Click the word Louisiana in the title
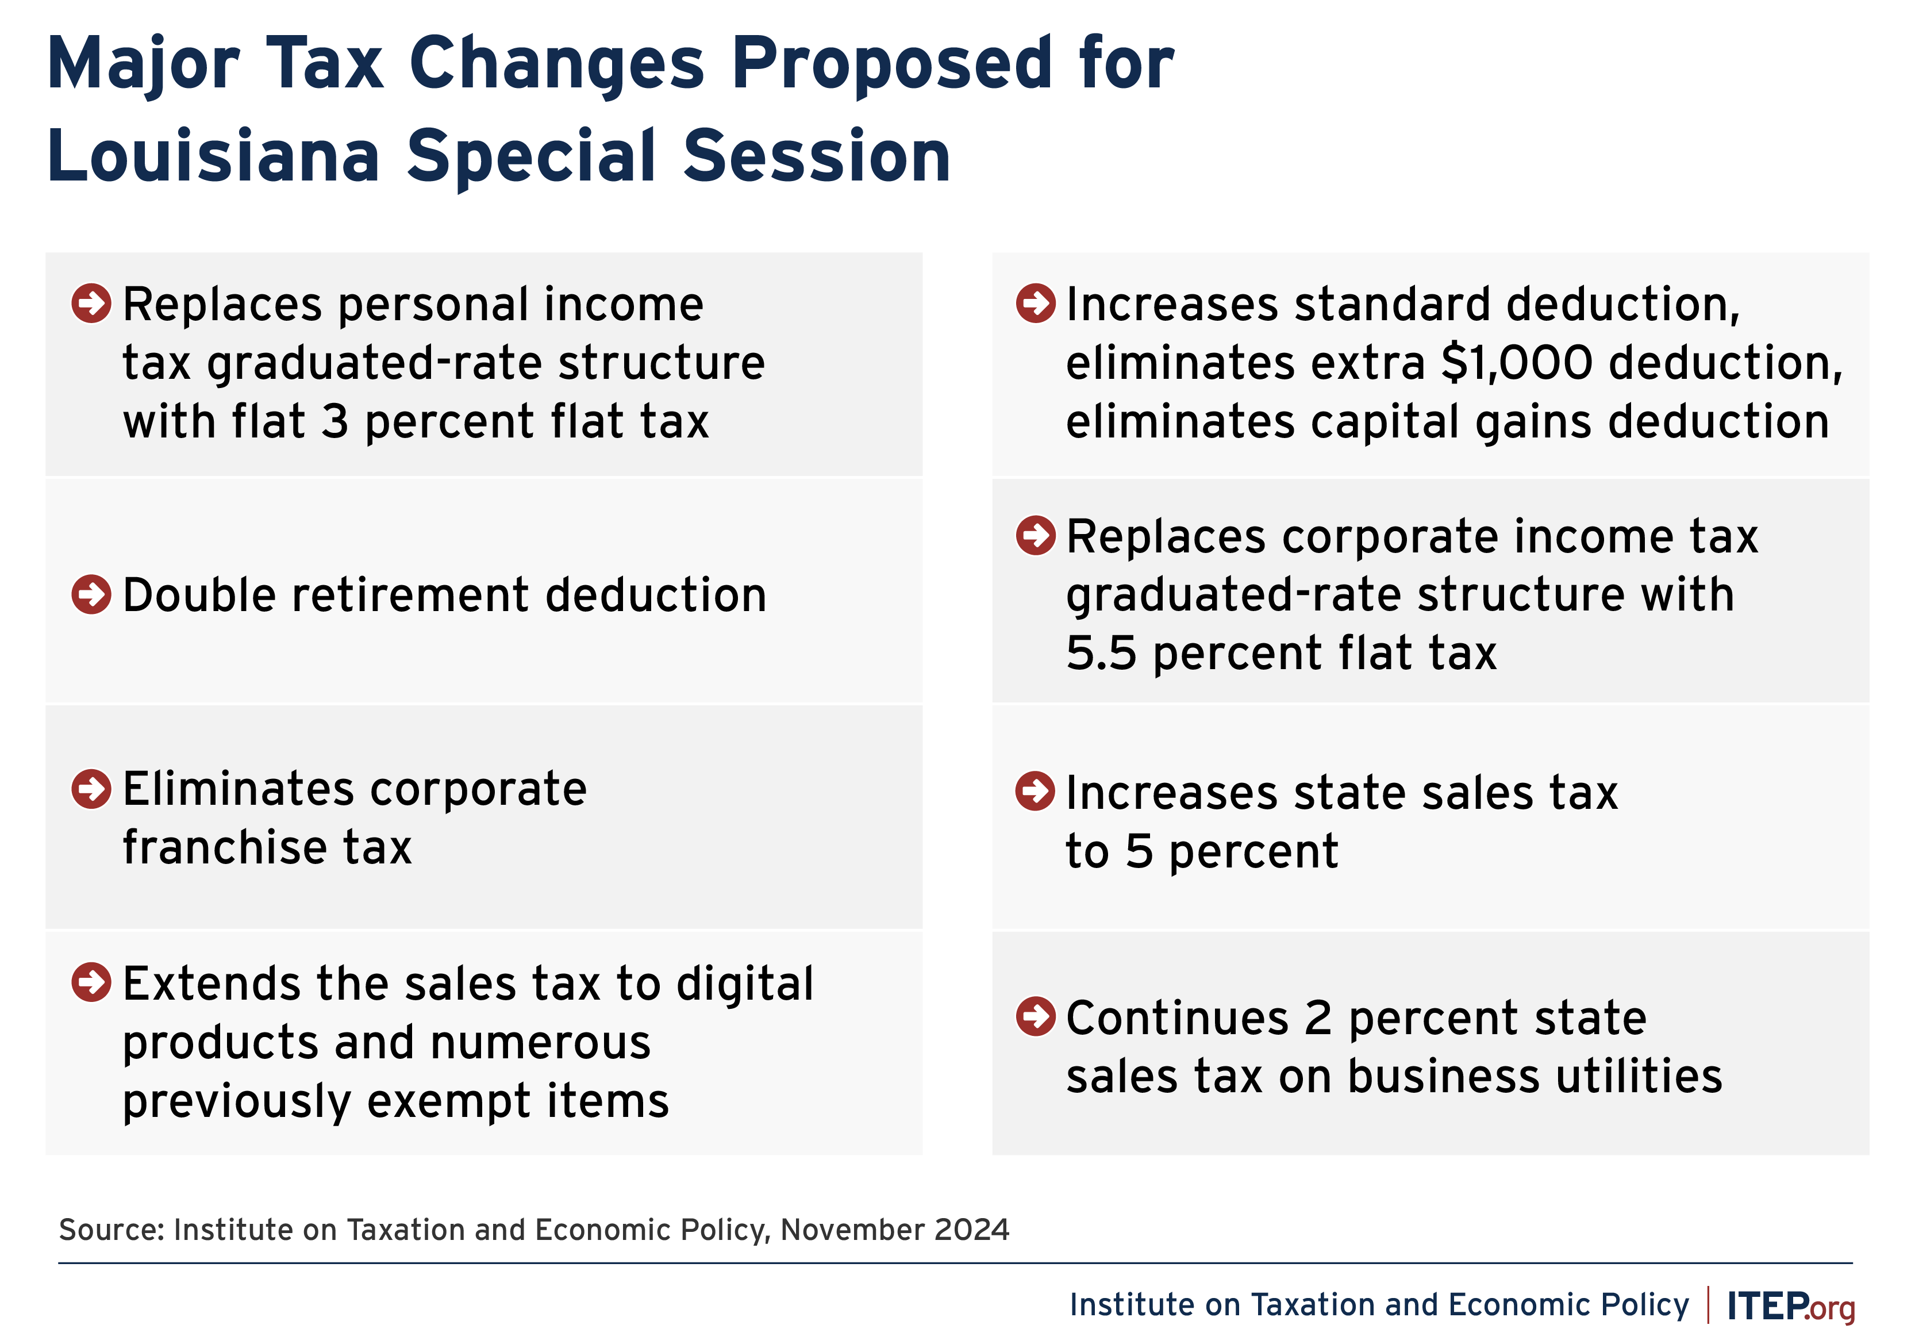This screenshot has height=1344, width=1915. click(214, 156)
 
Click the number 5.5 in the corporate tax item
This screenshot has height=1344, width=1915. click(1101, 653)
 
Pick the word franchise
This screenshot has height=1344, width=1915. click(224, 847)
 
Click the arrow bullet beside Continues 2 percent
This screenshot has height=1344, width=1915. click(1036, 1016)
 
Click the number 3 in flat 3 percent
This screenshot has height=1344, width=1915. click(335, 421)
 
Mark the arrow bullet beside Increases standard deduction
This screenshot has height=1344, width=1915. click(1036, 303)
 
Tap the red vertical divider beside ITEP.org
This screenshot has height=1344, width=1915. click(1708, 1305)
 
